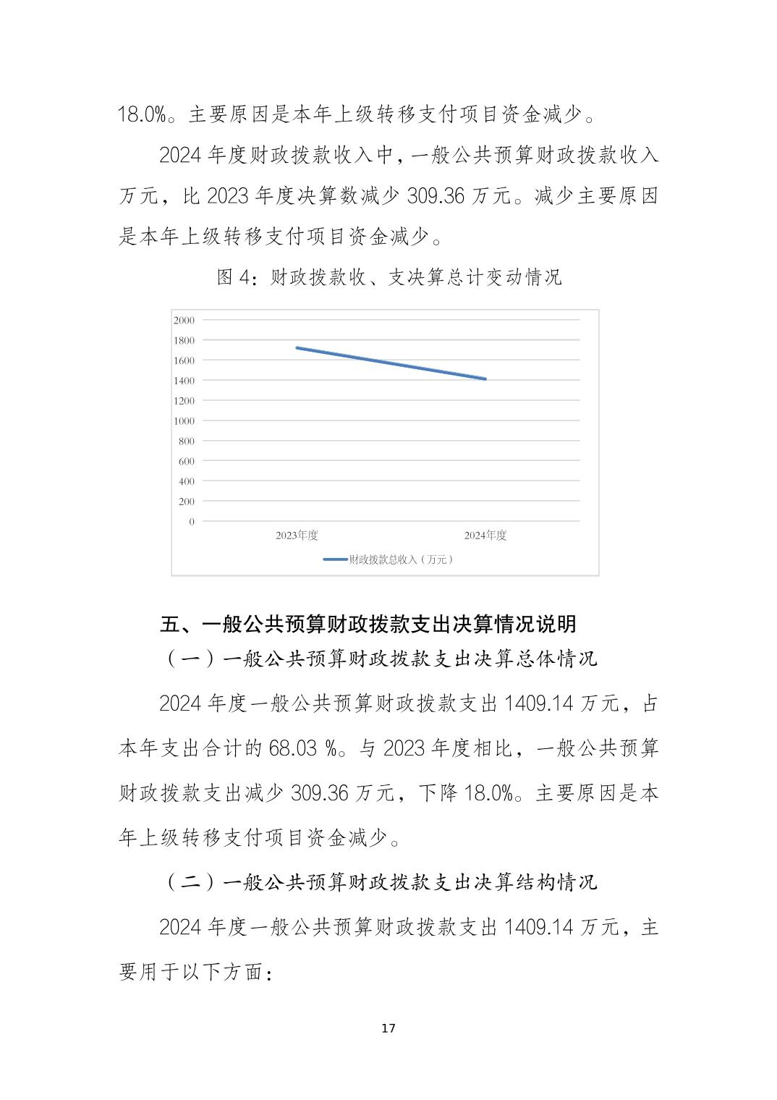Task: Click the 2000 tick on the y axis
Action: [184, 320]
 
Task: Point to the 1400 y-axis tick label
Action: [184, 381]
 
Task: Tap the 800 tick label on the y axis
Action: [186, 441]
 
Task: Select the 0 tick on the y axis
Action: [192, 521]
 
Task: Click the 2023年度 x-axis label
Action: [297, 536]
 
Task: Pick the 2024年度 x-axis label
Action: [485, 536]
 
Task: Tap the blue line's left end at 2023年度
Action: [297, 348]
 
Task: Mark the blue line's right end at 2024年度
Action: [485, 378]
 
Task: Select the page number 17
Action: [388, 1028]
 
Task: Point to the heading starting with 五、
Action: [368, 624]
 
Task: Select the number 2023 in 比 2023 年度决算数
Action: [228, 196]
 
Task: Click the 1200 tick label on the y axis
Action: [184, 401]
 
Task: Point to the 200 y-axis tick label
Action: [186, 501]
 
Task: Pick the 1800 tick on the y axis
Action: [184, 340]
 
